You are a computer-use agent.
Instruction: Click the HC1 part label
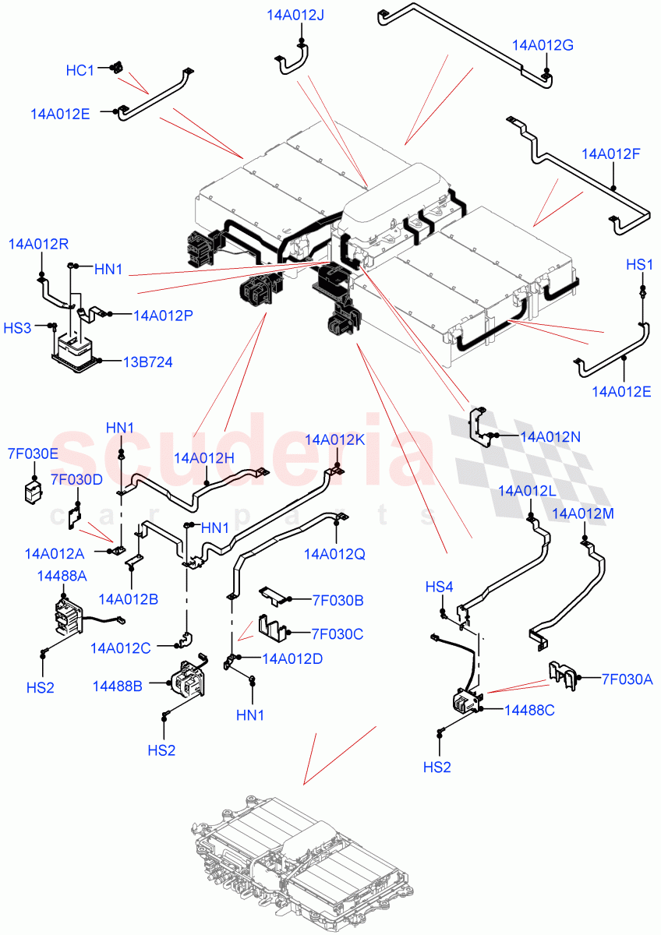80,71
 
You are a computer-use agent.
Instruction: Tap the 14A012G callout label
543,45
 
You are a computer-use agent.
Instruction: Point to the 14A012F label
610,153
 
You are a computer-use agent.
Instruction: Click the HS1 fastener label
639,265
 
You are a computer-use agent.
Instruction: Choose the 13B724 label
147,362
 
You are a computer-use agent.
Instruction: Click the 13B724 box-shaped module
76,348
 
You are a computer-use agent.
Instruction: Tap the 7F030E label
33,453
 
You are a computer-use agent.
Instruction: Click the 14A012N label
550,436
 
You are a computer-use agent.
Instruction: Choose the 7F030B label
337,600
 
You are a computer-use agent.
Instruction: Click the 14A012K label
334,439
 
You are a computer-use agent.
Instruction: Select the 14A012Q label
334,554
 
